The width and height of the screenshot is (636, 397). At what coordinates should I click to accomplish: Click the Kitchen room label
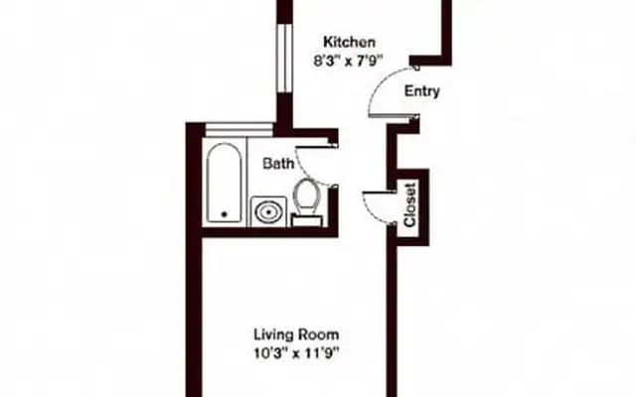[349, 42]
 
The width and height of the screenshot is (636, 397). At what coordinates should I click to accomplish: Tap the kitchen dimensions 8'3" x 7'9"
[349, 62]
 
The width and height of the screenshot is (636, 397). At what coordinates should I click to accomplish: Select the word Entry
[421, 91]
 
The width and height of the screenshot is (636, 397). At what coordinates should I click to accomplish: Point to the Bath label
[278, 164]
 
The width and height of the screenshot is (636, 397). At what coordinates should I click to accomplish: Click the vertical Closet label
[410, 205]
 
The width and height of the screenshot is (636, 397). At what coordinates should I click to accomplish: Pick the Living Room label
[296, 335]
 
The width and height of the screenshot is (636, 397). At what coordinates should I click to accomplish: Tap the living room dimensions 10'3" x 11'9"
[296, 353]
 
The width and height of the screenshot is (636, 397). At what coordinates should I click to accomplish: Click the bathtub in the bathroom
[225, 183]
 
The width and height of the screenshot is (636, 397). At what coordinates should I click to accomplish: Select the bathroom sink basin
[268, 211]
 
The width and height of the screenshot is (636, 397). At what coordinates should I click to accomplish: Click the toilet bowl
[307, 197]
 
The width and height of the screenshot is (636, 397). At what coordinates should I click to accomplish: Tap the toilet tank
[307, 220]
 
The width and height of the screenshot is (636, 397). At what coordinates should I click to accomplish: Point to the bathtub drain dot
[225, 214]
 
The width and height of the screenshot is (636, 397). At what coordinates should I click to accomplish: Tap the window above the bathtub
[239, 130]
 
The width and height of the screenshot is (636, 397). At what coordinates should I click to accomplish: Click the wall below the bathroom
[270, 232]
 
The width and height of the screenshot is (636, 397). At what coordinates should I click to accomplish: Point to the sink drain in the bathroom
[268, 211]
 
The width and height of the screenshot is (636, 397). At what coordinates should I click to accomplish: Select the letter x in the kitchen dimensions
[349, 63]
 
